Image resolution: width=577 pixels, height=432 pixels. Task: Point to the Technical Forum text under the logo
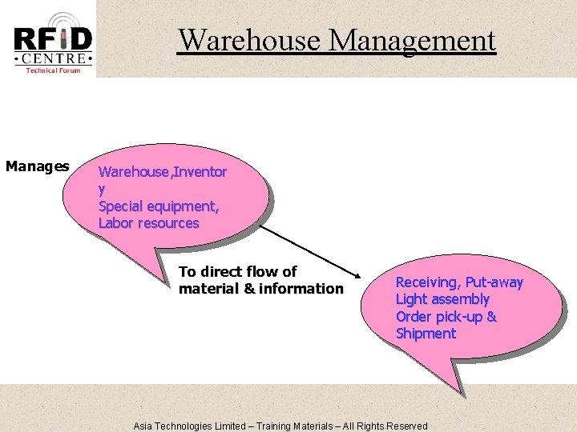(x=52, y=70)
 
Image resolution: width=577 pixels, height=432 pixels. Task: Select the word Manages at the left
(x=37, y=166)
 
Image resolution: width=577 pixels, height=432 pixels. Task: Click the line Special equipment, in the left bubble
(x=159, y=206)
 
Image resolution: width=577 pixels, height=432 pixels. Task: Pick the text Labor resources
(x=148, y=223)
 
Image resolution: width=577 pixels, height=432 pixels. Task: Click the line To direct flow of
(x=237, y=271)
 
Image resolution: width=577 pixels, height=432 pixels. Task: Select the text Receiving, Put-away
(x=458, y=282)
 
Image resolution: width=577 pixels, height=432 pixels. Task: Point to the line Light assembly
(x=442, y=299)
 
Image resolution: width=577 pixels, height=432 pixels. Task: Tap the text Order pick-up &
(x=446, y=317)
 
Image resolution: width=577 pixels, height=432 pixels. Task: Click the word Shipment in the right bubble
(x=426, y=334)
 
